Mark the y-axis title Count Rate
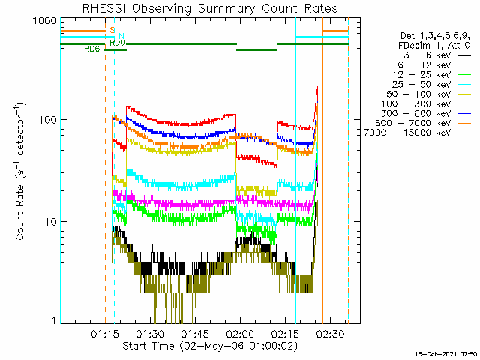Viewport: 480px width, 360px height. click(22, 170)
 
